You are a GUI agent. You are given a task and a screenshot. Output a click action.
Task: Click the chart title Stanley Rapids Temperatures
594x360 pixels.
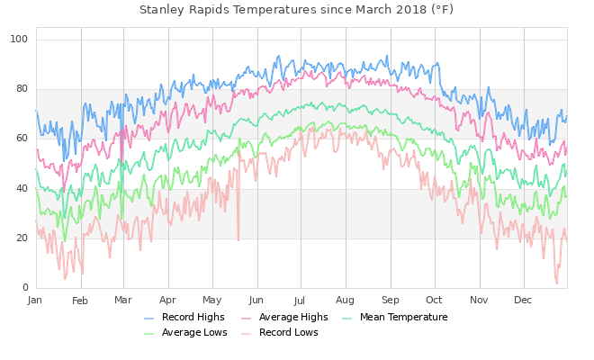[296, 10]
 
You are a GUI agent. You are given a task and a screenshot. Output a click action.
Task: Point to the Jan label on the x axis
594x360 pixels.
[35, 300]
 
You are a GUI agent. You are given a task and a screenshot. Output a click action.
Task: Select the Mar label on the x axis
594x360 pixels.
[123, 300]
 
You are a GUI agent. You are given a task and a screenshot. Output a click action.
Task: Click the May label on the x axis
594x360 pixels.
[211, 300]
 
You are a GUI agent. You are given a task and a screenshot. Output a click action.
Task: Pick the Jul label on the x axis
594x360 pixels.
[300, 300]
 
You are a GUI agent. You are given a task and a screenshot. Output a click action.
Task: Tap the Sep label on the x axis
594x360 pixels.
[390, 300]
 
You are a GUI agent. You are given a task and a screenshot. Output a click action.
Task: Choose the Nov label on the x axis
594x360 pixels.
[478, 300]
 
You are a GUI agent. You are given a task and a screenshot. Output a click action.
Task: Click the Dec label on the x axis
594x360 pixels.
[522, 300]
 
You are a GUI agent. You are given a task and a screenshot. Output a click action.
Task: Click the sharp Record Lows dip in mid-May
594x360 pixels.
[238, 239]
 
